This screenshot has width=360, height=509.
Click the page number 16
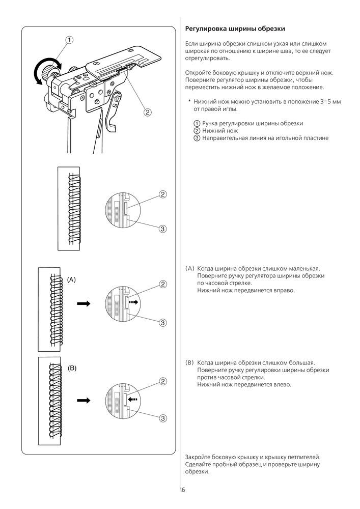182,490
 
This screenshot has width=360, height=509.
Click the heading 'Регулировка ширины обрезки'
234,29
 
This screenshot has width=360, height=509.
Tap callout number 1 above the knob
69,40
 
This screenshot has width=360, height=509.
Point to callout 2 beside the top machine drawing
147,112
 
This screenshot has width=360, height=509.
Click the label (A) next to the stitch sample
71,279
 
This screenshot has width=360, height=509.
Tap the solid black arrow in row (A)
83,303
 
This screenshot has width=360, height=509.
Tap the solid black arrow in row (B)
83,401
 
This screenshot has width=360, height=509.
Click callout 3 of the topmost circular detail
163,229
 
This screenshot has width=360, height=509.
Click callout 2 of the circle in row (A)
163,284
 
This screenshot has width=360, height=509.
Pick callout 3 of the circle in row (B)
163,418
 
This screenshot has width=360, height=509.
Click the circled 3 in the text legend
197,138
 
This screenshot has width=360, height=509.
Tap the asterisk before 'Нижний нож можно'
189,102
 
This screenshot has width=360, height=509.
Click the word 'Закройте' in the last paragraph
199,457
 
